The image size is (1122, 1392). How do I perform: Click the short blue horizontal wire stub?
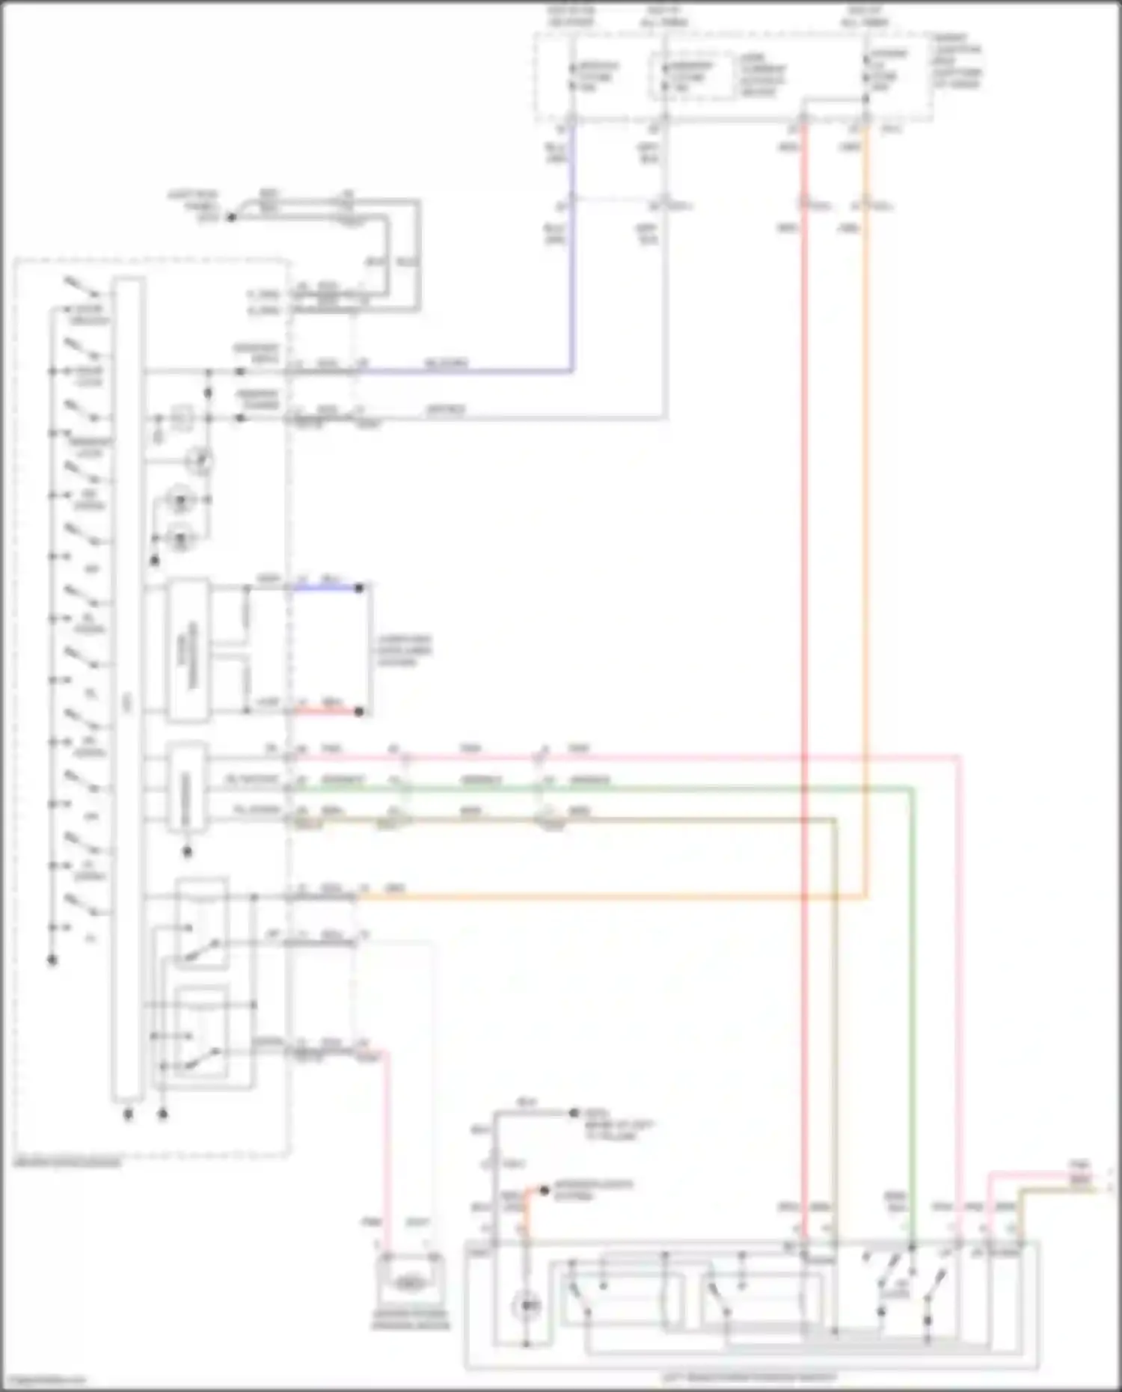coord(326,588)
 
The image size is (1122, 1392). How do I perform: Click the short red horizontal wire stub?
coord(326,711)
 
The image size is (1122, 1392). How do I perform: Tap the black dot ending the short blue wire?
coord(359,588)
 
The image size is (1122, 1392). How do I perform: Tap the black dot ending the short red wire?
coord(359,711)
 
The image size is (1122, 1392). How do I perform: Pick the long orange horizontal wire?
coord(598,896)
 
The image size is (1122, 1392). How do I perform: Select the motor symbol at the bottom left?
coord(408,1284)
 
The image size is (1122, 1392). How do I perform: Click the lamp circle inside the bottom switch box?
coord(527,1306)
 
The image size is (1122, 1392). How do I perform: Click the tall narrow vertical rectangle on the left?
coord(128,688)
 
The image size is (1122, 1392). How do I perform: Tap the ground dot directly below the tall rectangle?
coord(128,1114)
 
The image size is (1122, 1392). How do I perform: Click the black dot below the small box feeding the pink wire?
coord(188,851)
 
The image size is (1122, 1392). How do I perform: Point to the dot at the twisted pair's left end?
coord(231,217)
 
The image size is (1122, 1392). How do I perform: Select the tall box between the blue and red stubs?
coord(188,649)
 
